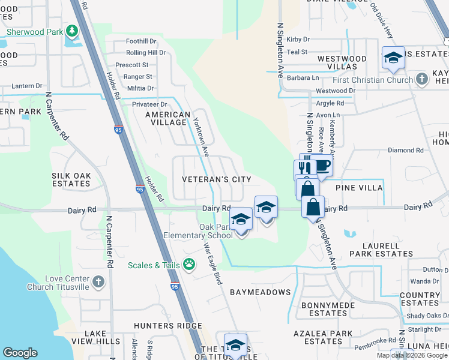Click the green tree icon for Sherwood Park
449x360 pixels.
pos(72,31)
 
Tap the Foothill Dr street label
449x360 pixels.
pos(141,41)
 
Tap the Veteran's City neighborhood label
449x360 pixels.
pos(217,179)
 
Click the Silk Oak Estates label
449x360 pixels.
pos(71,179)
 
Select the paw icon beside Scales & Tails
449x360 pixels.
pos(189,264)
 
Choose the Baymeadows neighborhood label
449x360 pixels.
pos(260,292)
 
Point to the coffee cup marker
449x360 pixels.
pos(322,165)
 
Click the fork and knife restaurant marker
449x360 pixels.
pos(305,169)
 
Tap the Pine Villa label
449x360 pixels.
pos(363,188)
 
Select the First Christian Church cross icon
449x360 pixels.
pos(422,80)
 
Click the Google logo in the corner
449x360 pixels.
pos(20,353)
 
